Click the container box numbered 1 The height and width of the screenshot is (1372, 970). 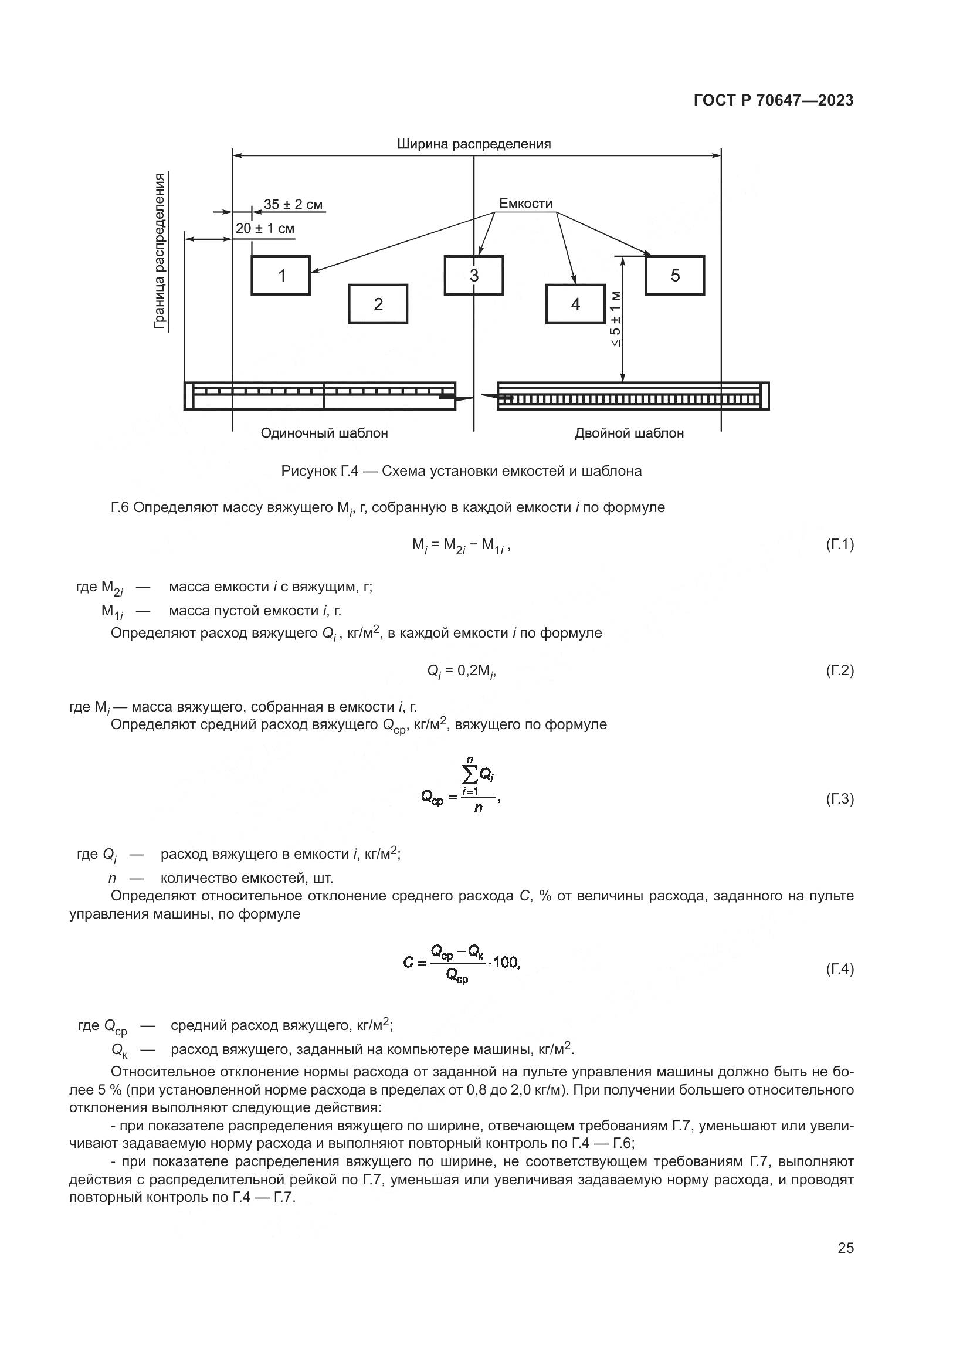280,276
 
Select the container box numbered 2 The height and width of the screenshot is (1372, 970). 378,304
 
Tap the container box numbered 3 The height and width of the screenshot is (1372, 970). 474,276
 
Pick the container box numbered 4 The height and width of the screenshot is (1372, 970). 575,304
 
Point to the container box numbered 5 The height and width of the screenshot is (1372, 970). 675,276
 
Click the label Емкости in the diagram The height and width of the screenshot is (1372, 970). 525,204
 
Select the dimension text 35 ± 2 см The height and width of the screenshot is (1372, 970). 293,205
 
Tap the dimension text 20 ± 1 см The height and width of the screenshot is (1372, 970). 264,229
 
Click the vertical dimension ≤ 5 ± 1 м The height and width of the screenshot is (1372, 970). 615,319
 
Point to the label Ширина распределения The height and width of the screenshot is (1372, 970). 474,144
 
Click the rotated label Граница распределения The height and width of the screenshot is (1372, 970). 159,251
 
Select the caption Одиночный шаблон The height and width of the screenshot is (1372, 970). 324,433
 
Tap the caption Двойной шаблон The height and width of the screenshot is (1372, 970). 629,433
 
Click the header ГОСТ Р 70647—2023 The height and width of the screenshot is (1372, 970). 774,101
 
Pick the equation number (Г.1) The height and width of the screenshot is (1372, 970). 839,544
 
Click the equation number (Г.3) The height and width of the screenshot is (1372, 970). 839,799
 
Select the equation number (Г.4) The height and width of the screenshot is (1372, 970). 839,968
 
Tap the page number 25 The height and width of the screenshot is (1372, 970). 845,1248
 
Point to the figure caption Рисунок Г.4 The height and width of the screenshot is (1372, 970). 461,472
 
